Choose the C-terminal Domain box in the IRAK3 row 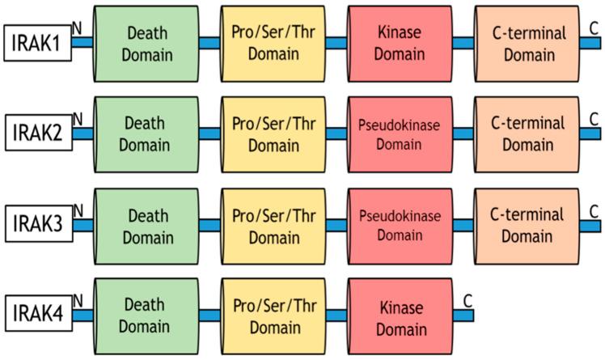pyautogui.click(x=526, y=226)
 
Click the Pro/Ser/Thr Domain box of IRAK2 pyautogui.click(x=273, y=134)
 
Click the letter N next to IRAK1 pyautogui.click(x=77, y=28)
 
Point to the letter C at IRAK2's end pyautogui.click(x=594, y=119)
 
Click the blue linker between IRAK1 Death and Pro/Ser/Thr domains pyautogui.click(x=209, y=43)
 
